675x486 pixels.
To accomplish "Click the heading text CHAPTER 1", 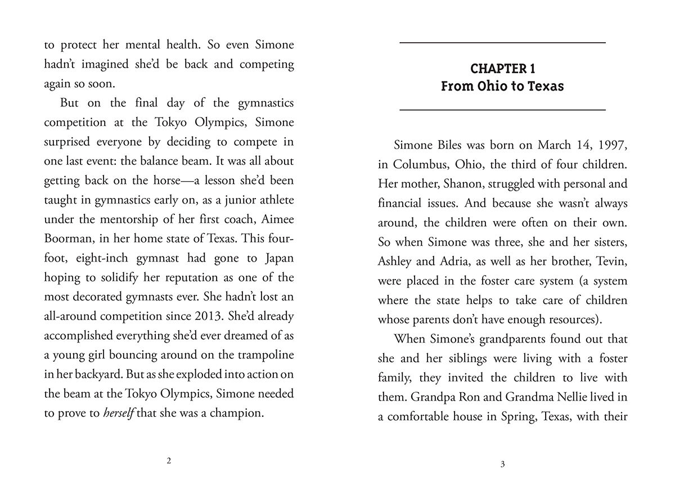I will pyautogui.click(x=502, y=69).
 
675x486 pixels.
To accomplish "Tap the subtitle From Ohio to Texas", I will pyautogui.click(x=502, y=87).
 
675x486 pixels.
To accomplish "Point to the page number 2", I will pyautogui.click(x=169, y=461).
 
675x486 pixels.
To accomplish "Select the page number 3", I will pyautogui.click(x=502, y=464).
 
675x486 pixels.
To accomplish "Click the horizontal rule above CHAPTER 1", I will pyautogui.click(x=502, y=43).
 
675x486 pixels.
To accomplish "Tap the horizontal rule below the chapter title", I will pyautogui.click(x=502, y=109).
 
